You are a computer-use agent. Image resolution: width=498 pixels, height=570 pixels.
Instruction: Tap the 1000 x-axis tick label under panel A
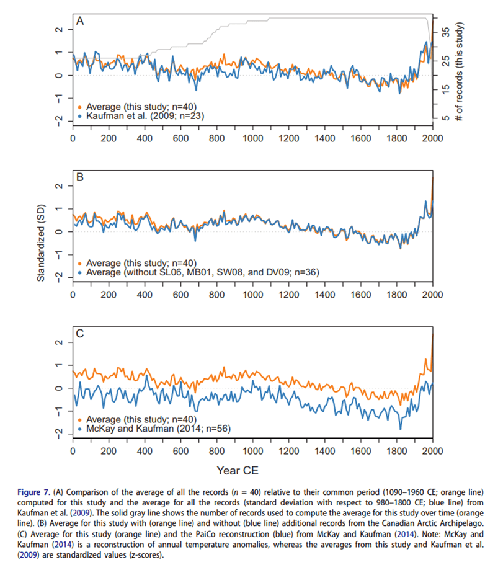point(252,138)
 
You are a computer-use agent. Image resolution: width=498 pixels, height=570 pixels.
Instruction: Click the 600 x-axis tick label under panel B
point(180,295)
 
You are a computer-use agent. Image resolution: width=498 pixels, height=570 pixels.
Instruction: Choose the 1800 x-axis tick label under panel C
point(396,451)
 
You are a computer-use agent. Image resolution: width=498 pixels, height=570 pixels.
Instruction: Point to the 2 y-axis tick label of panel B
point(58,187)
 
